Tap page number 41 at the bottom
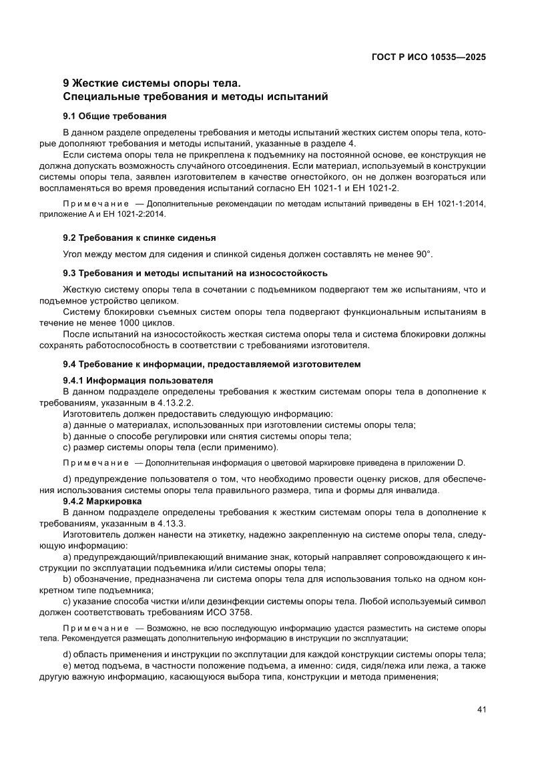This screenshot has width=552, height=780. coord(481,709)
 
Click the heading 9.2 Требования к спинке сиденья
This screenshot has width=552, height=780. coord(139,238)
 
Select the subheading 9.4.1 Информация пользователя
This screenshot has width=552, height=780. coord(137,380)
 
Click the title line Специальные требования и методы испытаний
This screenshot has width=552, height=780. coord(195,97)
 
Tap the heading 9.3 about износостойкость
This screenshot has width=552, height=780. coord(194,273)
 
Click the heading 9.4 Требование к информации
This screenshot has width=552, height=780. coord(212,364)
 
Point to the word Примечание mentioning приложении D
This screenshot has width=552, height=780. coord(95,463)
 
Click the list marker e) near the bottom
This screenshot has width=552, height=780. coord(66,666)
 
